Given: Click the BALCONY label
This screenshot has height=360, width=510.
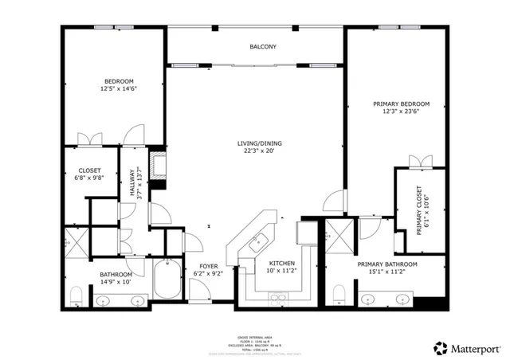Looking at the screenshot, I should (263, 47).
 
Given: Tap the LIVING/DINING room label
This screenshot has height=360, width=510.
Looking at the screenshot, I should (259, 143).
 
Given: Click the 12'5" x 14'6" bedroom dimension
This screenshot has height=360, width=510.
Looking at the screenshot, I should (118, 89).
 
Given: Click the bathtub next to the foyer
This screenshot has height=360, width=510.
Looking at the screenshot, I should (168, 280).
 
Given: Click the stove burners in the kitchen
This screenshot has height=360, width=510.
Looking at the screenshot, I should (278, 299).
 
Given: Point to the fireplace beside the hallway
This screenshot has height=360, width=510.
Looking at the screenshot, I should (158, 167).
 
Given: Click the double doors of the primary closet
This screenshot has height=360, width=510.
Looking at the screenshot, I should (419, 162).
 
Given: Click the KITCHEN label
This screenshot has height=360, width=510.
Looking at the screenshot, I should (282, 263).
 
